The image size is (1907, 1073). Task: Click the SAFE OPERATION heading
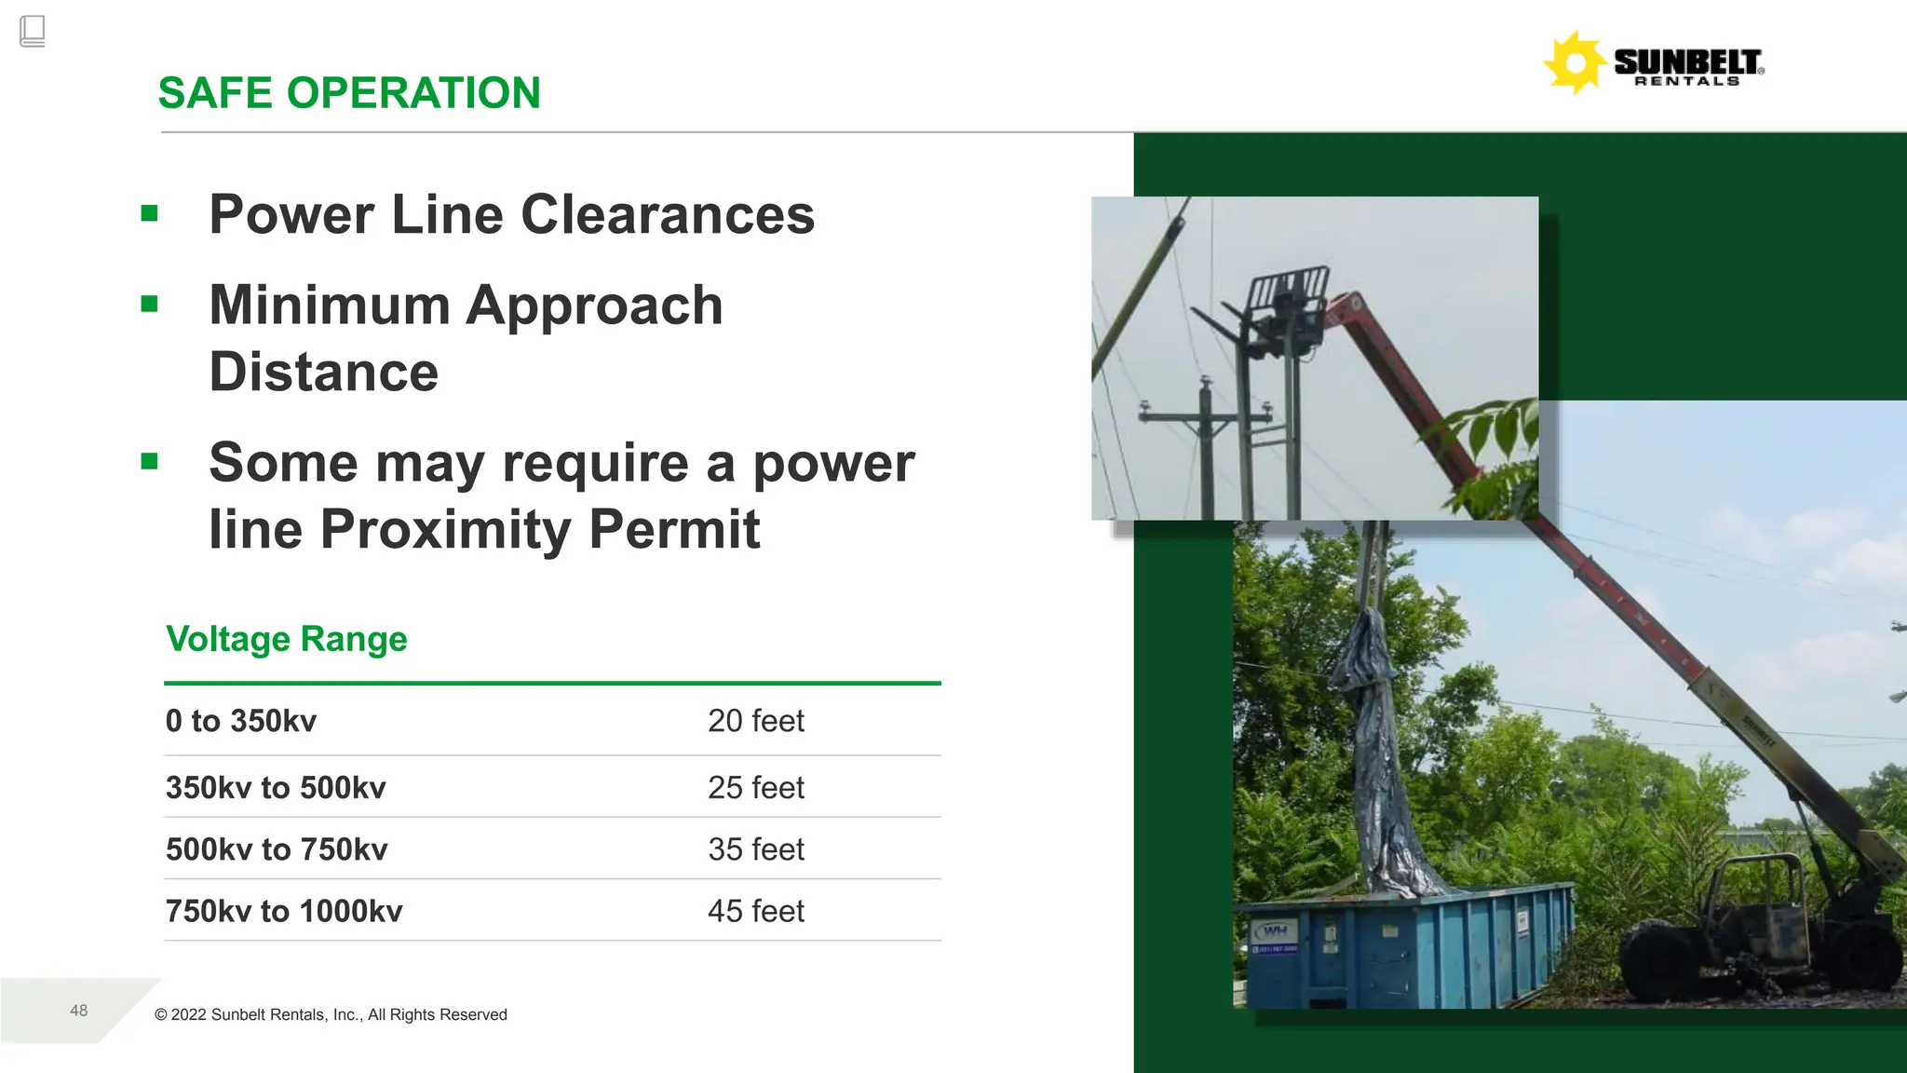(349, 93)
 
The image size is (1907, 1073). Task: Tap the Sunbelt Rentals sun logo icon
(1575, 63)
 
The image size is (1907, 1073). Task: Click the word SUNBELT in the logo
(1686, 61)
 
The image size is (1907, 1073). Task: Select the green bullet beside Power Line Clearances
(149, 213)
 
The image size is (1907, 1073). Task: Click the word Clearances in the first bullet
(668, 214)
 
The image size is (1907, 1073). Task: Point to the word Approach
(594, 306)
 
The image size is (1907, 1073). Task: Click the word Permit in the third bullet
(674, 529)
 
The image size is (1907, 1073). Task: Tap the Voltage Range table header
(287, 639)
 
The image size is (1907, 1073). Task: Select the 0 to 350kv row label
(241, 721)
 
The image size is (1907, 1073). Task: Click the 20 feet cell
(755, 721)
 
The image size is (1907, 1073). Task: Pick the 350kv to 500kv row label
(276, 788)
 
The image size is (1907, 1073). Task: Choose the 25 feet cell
(755, 788)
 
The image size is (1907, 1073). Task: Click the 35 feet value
(755, 849)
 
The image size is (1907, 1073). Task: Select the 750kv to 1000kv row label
(284, 911)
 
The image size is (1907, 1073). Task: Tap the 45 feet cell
(755, 911)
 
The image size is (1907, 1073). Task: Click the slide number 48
(79, 1011)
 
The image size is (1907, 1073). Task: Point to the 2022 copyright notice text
(331, 1014)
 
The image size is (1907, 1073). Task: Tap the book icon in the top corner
(32, 31)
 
